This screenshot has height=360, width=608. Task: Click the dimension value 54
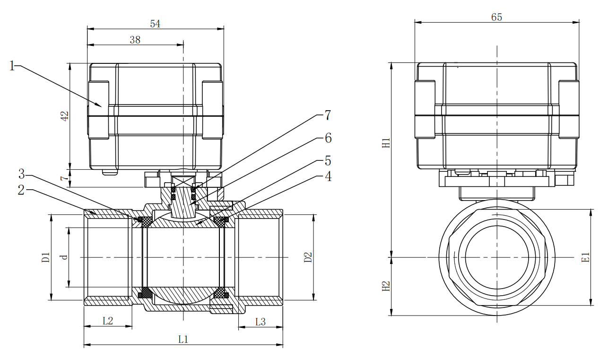155,24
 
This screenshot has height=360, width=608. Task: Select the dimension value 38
135,40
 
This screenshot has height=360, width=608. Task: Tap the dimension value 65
496,17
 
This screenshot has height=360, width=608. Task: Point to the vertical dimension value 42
65,116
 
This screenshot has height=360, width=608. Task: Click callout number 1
12,66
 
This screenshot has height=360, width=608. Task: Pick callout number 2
21,190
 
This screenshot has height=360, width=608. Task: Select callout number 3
21,174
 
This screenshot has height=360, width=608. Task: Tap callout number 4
328,176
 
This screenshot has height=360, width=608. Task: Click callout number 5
328,161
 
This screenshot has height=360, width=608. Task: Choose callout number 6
328,138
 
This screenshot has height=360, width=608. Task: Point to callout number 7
327,115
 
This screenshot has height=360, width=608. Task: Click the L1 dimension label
183,339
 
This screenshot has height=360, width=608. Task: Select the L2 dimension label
108,320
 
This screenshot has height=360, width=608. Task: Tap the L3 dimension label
261,322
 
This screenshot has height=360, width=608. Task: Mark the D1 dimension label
45,258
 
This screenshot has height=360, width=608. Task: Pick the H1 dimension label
386,142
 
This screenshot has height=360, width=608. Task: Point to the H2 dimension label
386,286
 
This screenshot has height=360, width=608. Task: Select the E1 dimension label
586,258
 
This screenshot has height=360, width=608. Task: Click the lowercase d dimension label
65,257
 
